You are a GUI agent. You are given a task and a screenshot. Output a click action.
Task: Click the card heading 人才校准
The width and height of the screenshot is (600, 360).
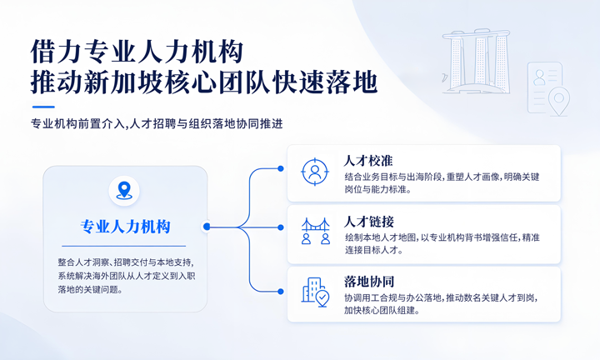[x=368, y=161]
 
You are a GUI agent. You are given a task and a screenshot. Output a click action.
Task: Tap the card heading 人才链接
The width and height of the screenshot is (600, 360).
[x=369, y=222]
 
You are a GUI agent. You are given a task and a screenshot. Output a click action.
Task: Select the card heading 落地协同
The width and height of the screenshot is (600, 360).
[x=369, y=282]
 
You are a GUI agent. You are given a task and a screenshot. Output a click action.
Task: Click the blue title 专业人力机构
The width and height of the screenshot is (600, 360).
[x=125, y=227]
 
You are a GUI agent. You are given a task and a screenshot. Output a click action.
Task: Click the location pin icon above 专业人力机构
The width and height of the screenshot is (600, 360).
[x=124, y=190]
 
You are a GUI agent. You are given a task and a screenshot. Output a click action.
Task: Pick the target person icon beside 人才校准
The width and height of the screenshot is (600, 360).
[x=314, y=172]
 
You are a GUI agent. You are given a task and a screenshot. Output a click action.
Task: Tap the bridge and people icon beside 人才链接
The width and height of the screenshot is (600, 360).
[x=315, y=231]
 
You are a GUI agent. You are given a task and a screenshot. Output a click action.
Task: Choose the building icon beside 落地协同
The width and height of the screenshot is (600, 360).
[x=315, y=292]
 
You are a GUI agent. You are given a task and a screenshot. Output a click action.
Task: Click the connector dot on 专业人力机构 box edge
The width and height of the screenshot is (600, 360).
[x=207, y=227]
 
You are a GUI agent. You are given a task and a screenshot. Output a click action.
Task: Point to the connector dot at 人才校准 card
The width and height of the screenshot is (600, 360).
[x=281, y=168]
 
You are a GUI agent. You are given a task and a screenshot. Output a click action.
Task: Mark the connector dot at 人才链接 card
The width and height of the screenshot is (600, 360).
[x=281, y=227]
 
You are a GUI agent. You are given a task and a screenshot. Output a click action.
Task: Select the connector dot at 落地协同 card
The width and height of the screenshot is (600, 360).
[x=281, y=292]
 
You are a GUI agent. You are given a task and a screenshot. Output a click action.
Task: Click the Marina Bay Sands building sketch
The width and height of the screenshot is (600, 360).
[x=476, y=61]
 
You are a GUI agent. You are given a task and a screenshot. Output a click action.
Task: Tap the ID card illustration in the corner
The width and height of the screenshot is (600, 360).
[x=548, y=89]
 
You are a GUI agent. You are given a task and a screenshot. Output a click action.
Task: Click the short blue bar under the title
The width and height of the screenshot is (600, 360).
[x=43, y=107]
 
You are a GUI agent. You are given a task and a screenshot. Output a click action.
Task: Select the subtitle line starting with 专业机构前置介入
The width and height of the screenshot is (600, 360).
[x=157, y=124]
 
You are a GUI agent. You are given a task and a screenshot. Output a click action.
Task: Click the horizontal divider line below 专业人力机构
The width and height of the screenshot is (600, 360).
[x=124, y=246]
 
